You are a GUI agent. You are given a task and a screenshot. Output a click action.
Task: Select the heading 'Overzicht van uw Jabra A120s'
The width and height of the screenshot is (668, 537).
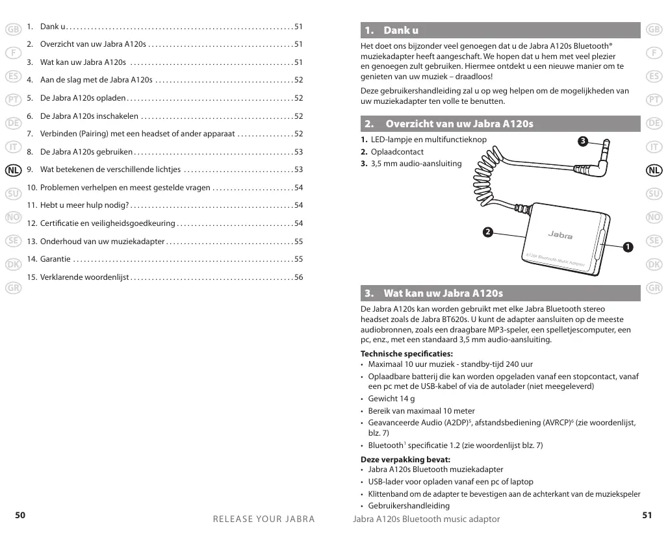[x=459, y=123]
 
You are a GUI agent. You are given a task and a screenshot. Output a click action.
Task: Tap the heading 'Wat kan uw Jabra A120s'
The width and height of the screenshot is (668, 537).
[x=443, y=293]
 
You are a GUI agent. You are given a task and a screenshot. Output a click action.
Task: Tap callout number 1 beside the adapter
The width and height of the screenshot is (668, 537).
[x=627, y=247]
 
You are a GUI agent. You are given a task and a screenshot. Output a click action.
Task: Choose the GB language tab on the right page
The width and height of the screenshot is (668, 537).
[x=654, y=29]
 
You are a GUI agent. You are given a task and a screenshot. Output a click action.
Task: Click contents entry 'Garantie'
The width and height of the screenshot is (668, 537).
[x=55, y=259]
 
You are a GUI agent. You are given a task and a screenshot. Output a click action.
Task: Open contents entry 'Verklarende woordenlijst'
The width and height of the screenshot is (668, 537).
[x=85, y=277]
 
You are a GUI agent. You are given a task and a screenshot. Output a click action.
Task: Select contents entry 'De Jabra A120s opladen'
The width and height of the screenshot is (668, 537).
[x=83, y=99]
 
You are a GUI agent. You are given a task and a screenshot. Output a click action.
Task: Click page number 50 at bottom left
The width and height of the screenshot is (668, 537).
[x=20, y=515]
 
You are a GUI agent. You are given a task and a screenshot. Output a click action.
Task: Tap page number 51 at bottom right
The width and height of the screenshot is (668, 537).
[x=647, y=515]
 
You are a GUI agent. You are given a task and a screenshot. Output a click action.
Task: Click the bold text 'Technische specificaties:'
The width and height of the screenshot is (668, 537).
[x=407, y=354]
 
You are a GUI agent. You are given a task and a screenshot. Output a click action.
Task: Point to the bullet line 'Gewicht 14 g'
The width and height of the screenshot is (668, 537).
[x=391, y=399]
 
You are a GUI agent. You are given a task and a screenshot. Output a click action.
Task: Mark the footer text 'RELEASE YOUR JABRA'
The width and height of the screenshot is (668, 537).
[x=264, y=519]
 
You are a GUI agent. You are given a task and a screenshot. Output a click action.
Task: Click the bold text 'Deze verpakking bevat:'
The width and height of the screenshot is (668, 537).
[x=405, y=460]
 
